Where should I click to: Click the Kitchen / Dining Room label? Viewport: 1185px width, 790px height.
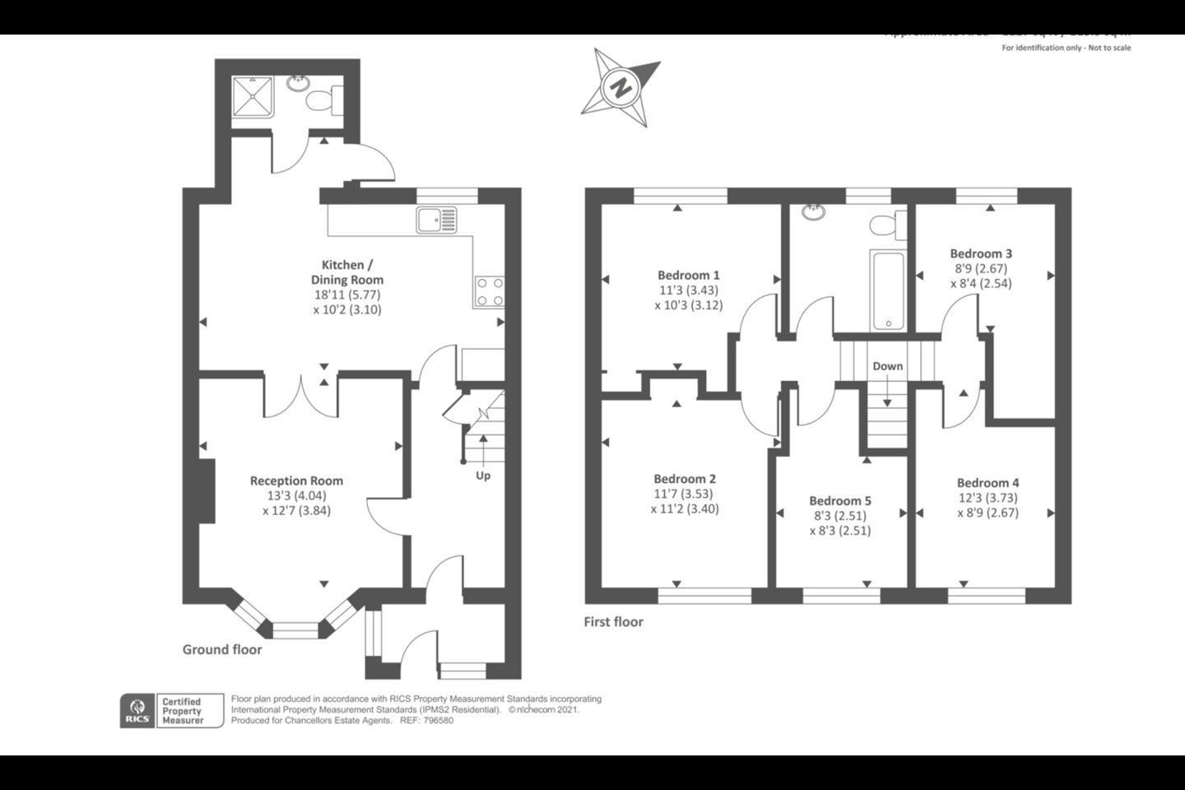[x=346, y=272]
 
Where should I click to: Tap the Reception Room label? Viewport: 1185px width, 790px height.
[x=296, y=481]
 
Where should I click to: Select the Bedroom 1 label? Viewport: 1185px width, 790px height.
[x=688, y=275]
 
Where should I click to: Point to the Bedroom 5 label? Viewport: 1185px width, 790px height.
[x=839, y=500]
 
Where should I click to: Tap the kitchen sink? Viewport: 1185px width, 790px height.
[x=435, y=220]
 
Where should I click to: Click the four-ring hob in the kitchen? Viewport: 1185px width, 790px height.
[x=490, y=292]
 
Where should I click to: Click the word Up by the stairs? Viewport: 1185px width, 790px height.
[x=483, y=476]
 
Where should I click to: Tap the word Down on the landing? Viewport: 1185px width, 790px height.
[x=887, y=366]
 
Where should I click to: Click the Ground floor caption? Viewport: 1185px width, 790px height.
[x=222, y=649]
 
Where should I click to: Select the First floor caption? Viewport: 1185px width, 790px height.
[x=613, y=622]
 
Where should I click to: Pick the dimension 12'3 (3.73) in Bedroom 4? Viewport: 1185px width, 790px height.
[x=987, y=498]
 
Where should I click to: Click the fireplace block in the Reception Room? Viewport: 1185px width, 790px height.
[x=207, y=490]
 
